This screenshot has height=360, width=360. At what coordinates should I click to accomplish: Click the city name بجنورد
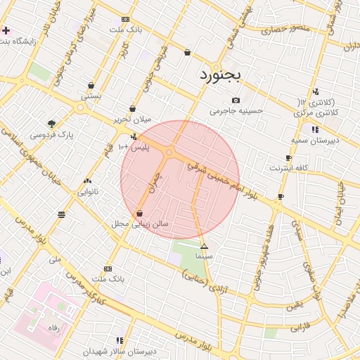pos(221,75)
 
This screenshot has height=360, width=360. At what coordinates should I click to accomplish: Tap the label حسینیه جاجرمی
pos(236,110)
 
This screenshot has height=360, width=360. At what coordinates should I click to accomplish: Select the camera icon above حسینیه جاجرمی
pos(236,100)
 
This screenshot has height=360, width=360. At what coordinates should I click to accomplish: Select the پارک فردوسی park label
pos(51,134)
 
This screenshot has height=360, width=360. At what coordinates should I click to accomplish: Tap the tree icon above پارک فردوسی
pos(51,123)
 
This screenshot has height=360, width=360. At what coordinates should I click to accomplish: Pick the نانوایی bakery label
pos(88,191)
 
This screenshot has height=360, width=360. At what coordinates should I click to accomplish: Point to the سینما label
pos(204,257)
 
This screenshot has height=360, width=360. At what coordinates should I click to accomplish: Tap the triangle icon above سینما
pos(204,247)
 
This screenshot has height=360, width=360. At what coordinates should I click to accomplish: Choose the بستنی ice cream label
pos(91,96)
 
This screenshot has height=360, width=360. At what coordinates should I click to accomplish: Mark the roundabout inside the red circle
pos(170,152)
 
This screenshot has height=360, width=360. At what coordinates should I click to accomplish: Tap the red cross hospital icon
pos(6,31)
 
